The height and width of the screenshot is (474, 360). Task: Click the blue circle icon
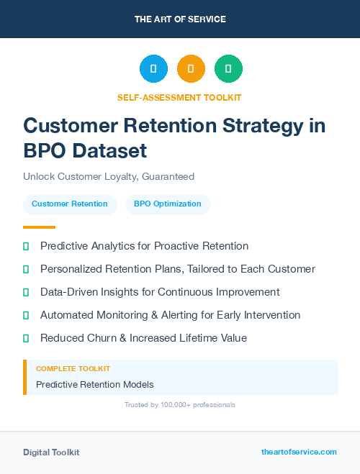tap(153, 68)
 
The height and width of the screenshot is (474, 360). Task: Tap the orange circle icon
tap(191, 68)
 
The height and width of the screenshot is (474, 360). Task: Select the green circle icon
tap(228, 68)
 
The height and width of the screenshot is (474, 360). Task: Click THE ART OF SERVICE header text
tap(180, 19)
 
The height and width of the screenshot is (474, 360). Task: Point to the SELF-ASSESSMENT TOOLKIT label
tap(179, 97)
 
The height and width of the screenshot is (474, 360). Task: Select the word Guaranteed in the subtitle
tap(168, 176)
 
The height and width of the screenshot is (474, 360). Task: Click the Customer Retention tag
tap(69, 204)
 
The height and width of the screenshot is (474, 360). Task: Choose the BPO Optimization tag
tap(168, 204)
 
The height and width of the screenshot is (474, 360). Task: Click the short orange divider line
tap(29, 227)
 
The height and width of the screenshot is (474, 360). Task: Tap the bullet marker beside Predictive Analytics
tap(26, 246)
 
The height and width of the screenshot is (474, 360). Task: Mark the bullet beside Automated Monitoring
tap(26, 315)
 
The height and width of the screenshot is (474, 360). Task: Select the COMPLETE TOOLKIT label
tap(73, 368)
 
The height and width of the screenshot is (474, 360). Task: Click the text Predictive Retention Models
tap(94, 384)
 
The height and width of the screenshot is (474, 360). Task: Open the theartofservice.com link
tap(299, 452)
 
